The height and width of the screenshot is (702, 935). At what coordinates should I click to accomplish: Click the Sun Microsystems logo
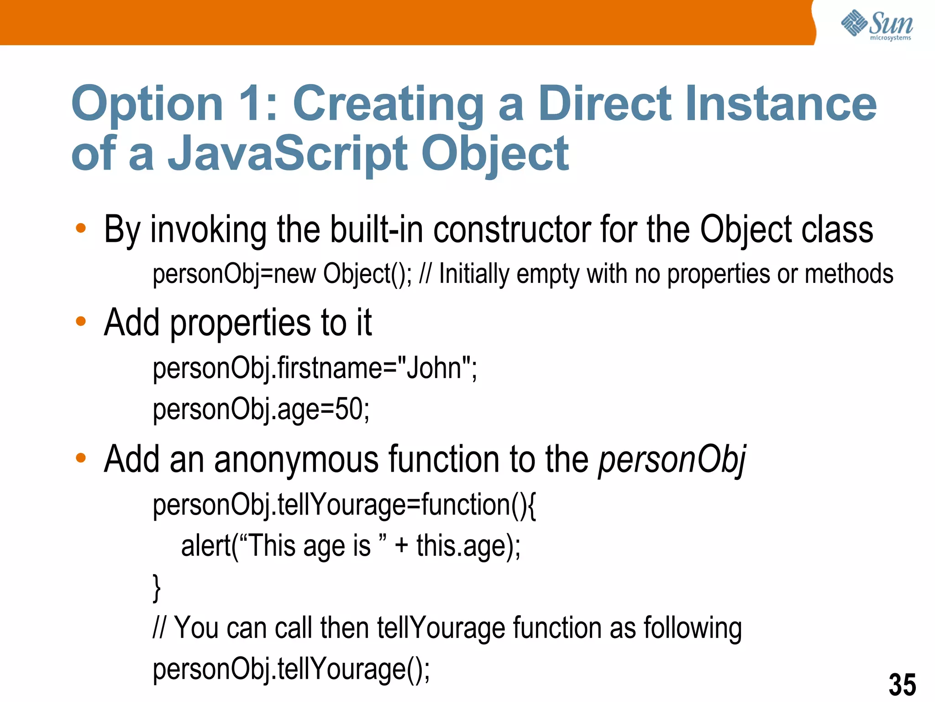pyautogui.click(x=877, y=25)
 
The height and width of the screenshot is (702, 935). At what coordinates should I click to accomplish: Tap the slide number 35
pyautogui.click(x=902, y=684)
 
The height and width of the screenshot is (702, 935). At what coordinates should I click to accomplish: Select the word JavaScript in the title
pyautogui.click(x=288, y=154)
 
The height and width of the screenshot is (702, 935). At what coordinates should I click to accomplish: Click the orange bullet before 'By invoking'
pyautogui.click(x=81, y=228)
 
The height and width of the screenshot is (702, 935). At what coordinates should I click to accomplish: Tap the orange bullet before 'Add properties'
pyautogui.click(x=81, y=321)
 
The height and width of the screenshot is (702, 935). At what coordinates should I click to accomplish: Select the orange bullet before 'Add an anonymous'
pyautogui.click(x=81, y=458)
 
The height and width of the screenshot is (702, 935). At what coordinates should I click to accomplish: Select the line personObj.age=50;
pyautogui.click(x=261, y=409)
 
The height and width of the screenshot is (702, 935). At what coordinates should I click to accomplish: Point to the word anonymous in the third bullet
pyautogui.click(x=296, y=459)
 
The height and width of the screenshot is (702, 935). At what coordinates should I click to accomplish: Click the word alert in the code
pyautogui.click(x=206, y=546)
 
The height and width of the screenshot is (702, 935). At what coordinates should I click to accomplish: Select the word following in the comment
pyautogui.click(x=693, y=628)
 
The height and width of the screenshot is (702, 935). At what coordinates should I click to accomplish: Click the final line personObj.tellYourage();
pyautogui.click(x=291, y=669)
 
